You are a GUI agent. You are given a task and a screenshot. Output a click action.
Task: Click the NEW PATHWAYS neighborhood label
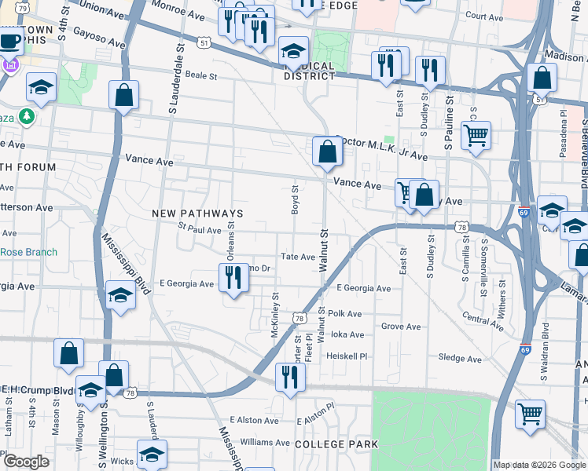186,214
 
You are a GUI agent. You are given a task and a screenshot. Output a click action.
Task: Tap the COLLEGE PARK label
336,444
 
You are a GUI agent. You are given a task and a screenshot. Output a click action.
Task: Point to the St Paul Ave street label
199,230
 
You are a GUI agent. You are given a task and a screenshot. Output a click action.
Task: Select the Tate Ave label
298,257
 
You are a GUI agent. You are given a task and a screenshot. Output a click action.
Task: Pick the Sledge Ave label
461,358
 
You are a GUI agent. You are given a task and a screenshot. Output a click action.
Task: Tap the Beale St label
200,76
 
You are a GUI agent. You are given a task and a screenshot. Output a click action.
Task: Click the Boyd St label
296,199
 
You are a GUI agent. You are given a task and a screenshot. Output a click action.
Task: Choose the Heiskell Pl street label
347,356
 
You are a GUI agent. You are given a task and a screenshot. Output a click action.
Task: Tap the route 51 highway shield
204,45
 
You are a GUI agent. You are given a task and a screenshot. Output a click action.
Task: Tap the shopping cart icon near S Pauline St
476,135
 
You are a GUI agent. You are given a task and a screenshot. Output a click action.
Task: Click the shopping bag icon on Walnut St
326,151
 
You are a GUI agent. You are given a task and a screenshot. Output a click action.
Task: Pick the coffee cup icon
9,40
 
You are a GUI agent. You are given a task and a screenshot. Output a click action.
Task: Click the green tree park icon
27,117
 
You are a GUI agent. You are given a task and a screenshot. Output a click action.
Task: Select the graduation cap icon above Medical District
293,52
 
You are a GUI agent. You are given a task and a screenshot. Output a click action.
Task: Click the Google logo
25,462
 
